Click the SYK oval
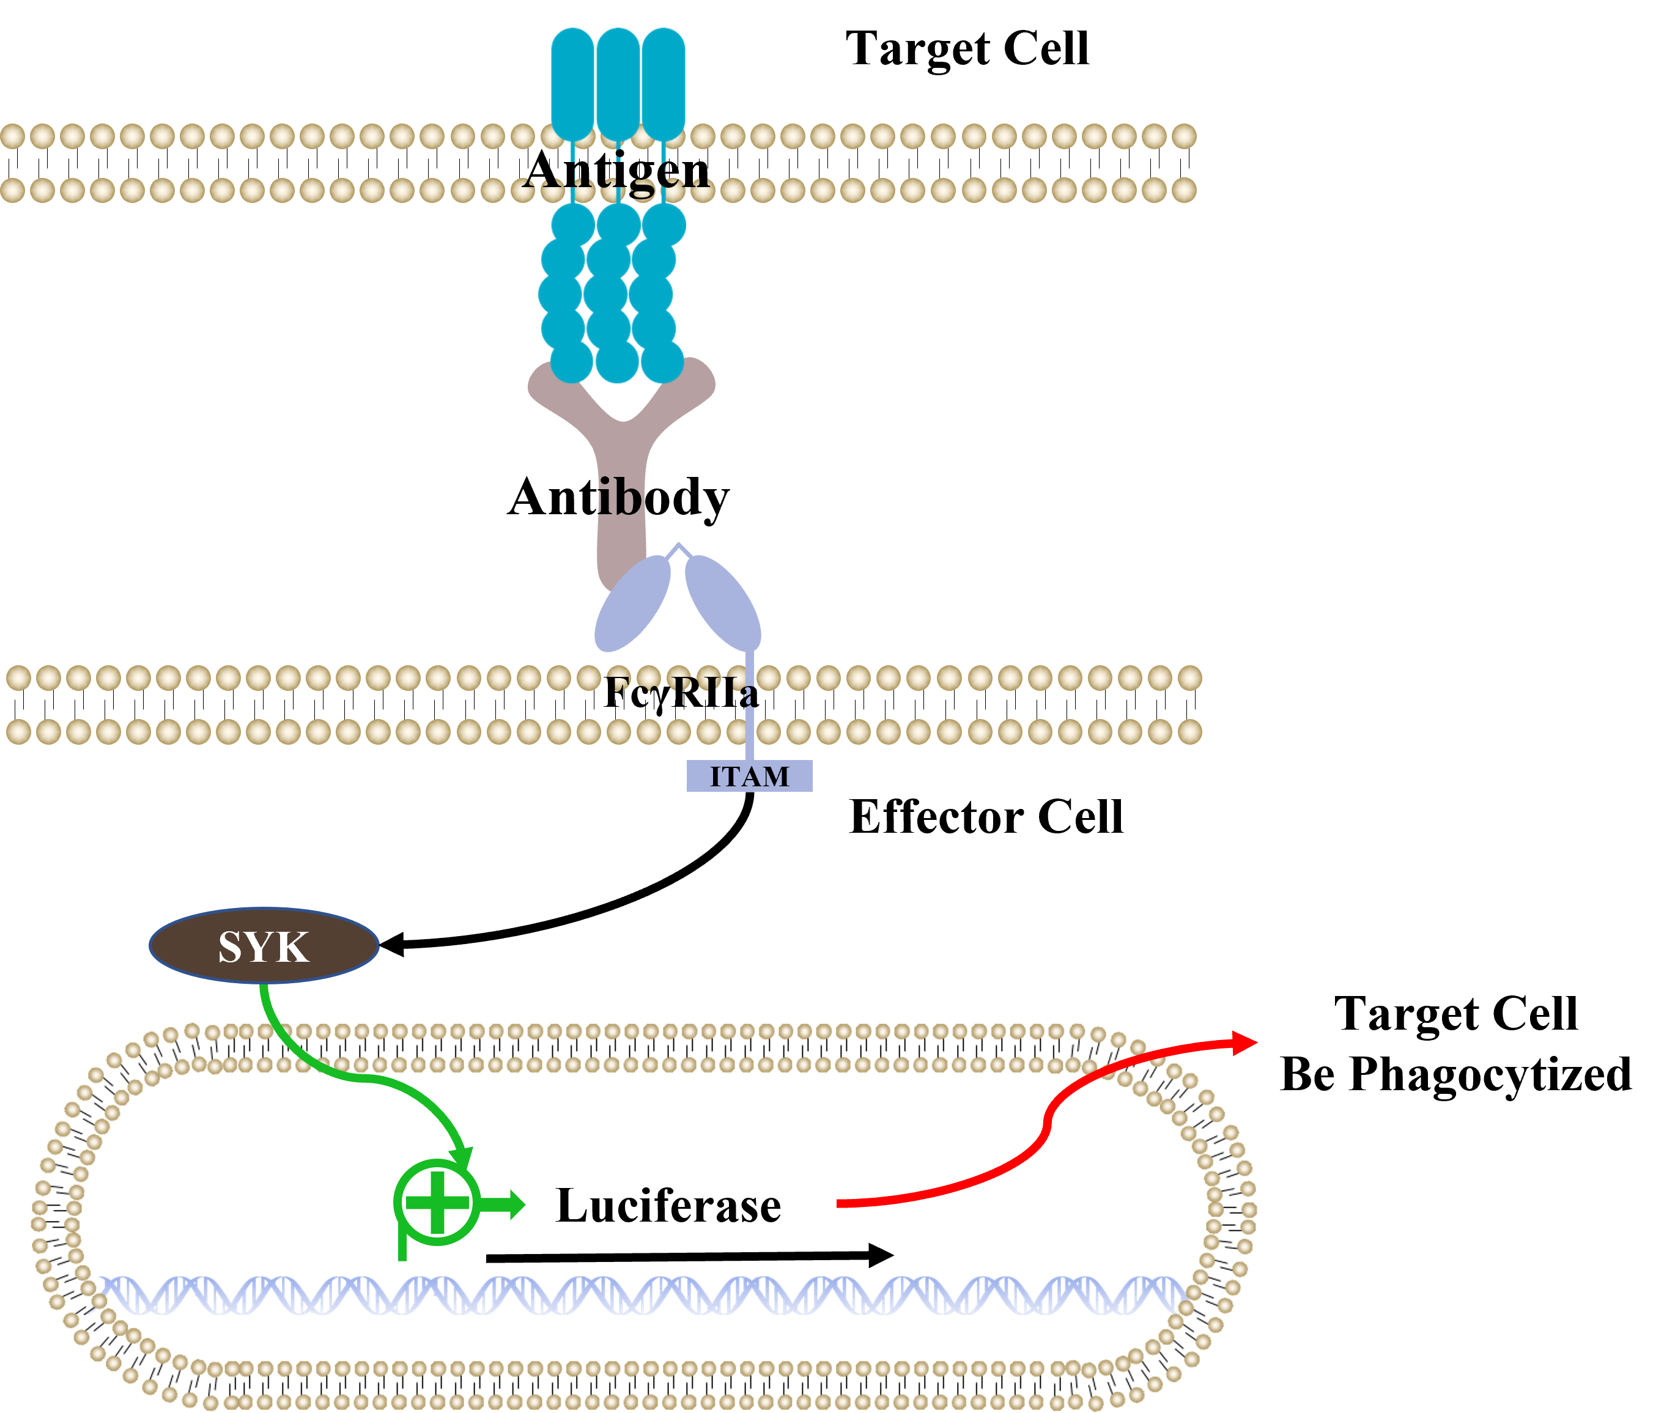tap(264, 945)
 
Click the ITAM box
tap(749, 775)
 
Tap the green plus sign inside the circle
tap(437, 1201)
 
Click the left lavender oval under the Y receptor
tap(632, 603)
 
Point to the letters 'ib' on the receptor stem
tap(618, 498)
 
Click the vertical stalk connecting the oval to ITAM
tap(750, 705)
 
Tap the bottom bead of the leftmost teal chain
tap(571, 361)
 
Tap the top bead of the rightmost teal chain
tap(664, 224)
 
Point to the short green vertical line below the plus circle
tap(402, 1245)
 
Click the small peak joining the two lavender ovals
tap(679, 547)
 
